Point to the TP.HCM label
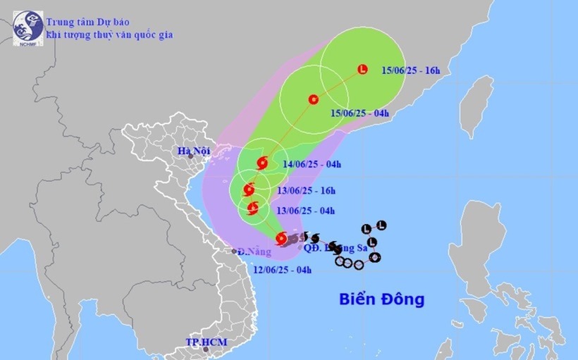(x=203, y=342)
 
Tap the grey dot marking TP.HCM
(x=206, y=349)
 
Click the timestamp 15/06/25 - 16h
(x=410, y=70)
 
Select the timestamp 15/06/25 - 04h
(x=361, y=112)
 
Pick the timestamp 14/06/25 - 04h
(x=312, y=165)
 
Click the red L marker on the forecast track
(x=362, y=69)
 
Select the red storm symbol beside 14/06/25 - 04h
(x=262, y=163)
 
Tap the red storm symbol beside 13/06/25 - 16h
(x=248, y=190)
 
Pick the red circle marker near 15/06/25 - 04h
(x=313, y=99)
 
